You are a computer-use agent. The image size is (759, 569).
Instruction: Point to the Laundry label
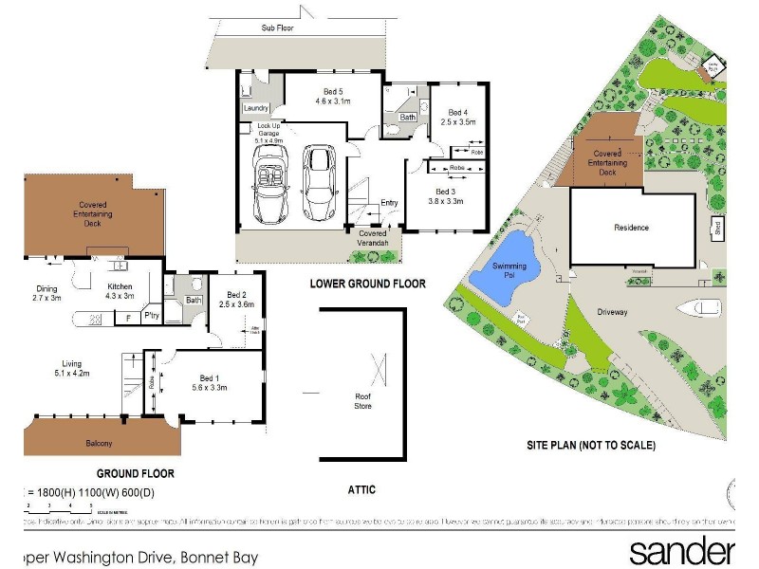tap(256, 108)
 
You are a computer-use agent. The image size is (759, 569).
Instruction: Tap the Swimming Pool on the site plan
tap(502, 263)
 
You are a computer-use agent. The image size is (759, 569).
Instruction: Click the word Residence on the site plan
tap(631, 228)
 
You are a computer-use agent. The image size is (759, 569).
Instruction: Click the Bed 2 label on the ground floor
tap(236, 300)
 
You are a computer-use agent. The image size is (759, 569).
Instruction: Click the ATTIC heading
tap(361, 489)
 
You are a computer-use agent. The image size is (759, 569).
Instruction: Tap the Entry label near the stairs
tap(390, 203)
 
